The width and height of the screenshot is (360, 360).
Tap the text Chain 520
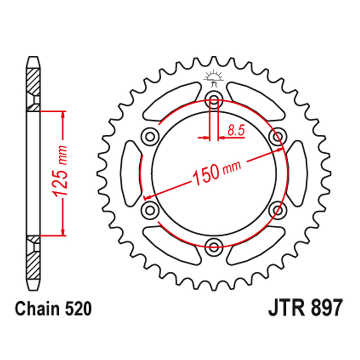(53, 310)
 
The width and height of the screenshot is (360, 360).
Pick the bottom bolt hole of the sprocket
(214, 246)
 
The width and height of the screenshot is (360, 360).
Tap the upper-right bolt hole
(278, 136)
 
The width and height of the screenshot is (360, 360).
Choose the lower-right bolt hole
(278, 209)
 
